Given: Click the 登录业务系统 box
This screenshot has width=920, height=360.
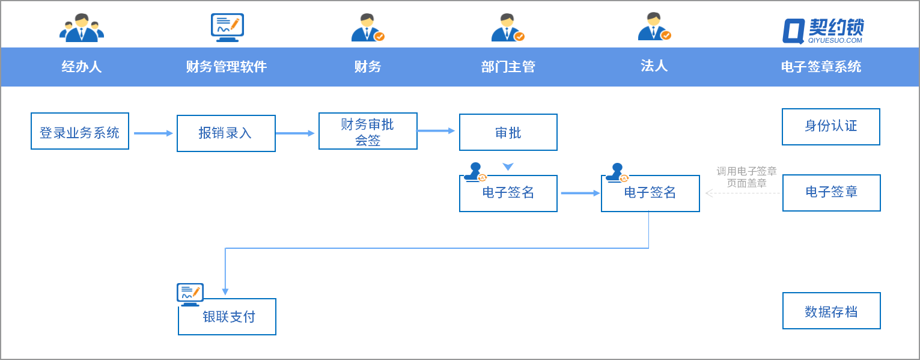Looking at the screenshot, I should [80, 131].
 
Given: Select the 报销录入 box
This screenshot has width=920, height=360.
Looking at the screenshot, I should [226, 133].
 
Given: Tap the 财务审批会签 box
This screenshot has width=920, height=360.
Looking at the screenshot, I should [368, 132].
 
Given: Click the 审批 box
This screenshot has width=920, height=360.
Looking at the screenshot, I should [508, 132].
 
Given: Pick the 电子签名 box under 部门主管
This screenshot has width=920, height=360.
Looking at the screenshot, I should [508, 194].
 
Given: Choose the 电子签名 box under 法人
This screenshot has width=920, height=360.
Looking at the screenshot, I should [650, 194].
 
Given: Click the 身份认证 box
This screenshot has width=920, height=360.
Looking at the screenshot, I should [831, 127].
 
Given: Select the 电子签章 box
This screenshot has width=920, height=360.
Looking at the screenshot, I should [832, 193].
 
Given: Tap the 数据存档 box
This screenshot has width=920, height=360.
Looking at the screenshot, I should [832, 311].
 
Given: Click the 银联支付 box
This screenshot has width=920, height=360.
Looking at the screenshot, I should [227, 317].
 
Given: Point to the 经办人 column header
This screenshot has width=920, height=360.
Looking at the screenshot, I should [82, 67].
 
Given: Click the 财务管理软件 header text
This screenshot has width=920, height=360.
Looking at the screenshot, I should [227, 67].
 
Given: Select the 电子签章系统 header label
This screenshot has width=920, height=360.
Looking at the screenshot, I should [821, 67].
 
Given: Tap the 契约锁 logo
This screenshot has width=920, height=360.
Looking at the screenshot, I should [823, 30].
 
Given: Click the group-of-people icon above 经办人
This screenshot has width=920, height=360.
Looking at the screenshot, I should [82, 28].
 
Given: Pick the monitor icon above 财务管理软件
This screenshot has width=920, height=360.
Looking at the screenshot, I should [227, 27].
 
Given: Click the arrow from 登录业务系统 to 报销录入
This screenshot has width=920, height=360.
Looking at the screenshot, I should [153, 133].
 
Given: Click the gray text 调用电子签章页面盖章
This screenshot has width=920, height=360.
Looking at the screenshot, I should [746, 177].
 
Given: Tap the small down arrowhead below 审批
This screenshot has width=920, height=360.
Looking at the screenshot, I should [508, 166].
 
